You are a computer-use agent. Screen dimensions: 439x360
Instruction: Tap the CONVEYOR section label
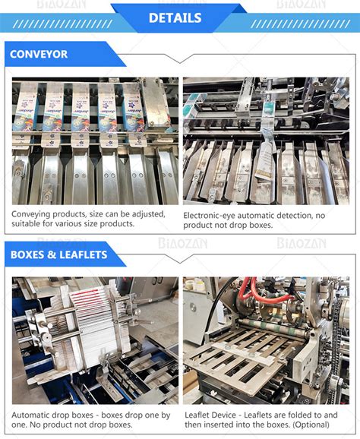pyautogui.click(x=39, y=55)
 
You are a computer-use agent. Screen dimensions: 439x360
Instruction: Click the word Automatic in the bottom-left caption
pyautogui.click(x=33, y=415)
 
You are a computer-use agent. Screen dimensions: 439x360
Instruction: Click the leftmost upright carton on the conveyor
pyautogui.click(x=29, y=106)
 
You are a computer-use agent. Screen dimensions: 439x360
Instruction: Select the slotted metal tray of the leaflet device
pyautogui.click(x=243, y=357)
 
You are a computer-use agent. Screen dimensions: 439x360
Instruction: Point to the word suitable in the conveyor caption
pyautogui.click(x=27, y=224)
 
